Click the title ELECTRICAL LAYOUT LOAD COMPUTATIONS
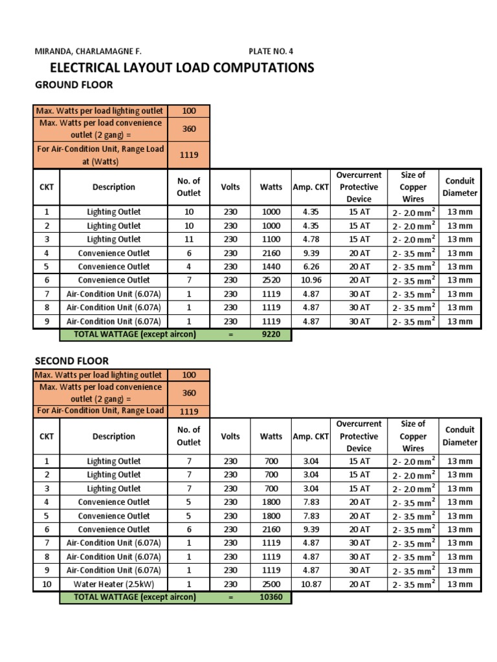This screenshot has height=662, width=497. pos(182,68)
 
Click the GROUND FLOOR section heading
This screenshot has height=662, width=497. pos(74,85)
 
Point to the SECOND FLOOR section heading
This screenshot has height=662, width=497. pos(71,361)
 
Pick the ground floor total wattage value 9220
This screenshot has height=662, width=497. pos(271,334)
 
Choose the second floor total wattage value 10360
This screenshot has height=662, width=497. pos(271,597)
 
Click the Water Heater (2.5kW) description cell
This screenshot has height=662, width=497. pos(114,584)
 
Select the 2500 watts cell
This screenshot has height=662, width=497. pos(271,584)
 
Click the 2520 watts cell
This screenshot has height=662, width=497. pos(271,280)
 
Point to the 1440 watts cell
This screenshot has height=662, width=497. pos(271,266)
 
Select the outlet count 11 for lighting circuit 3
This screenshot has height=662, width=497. pos(189,239)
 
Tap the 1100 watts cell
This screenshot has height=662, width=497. pos(271,239)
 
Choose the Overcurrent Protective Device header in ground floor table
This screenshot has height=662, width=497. pos(359,187)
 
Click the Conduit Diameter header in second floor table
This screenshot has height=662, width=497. pos(459,436)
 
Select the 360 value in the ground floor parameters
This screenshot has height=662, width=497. pos(189,129)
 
